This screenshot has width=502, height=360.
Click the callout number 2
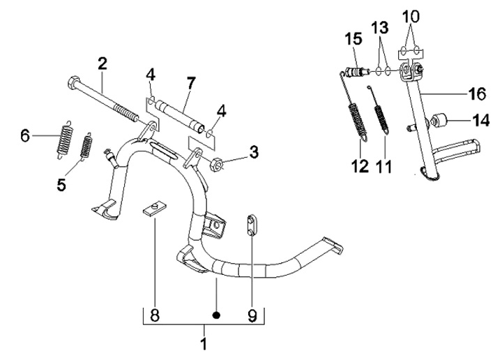coord(102,63)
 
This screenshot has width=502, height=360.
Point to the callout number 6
coord(25,135)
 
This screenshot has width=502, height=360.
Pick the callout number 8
coord(155,315)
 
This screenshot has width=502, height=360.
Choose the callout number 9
coord(252,315)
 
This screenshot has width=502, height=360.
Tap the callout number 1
coord(204,343)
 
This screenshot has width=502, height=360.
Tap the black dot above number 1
coord(217,315)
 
